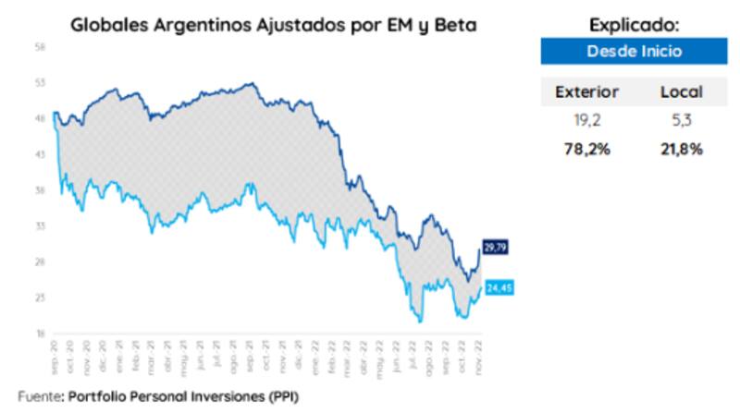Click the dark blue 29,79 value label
pos(495,247)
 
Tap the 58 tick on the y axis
pos(41,46)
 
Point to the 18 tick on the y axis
pos(41,334)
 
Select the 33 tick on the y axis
pos(41,225)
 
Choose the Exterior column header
pos(586,92)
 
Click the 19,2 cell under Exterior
pos(586,120)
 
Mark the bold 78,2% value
pos(586,148)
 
